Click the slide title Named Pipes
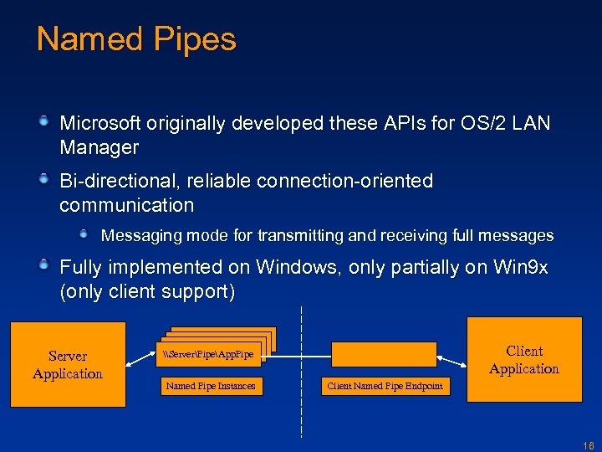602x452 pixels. point(136,39)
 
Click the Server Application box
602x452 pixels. point(68,365)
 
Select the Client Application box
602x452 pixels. point(524,360)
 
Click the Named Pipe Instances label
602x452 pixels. point(210,386)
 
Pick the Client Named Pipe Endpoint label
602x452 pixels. point(385,386)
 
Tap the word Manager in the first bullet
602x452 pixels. point(99,148)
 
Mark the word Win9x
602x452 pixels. point(520,268)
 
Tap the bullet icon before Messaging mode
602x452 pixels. point(84,235)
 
